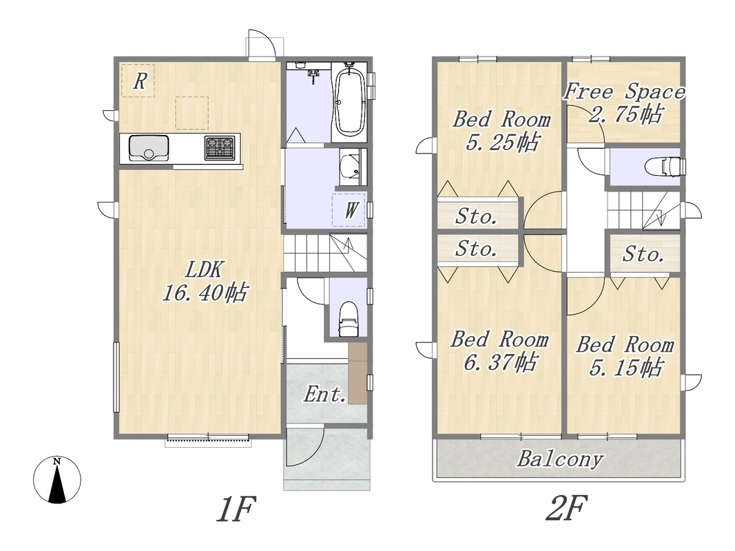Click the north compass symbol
pos(56,480)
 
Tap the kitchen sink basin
pos(149,147)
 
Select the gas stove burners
pos(219,147)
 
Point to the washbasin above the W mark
pos(349,167)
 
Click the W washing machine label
pos(351,210)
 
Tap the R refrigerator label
pos(140,81)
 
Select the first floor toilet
pos(349,319)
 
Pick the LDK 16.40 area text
pos(205,281)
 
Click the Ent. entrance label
pos(324,395)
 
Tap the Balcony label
pos(560,459)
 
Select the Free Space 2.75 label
pos(624,103)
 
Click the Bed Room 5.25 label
pos(501,130)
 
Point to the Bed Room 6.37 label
pos(499,351)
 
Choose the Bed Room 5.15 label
pos(625,356)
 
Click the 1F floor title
pos(236,509)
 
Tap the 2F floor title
pos(566,509)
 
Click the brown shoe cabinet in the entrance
pos(358,373)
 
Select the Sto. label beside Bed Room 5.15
pos(643,254)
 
